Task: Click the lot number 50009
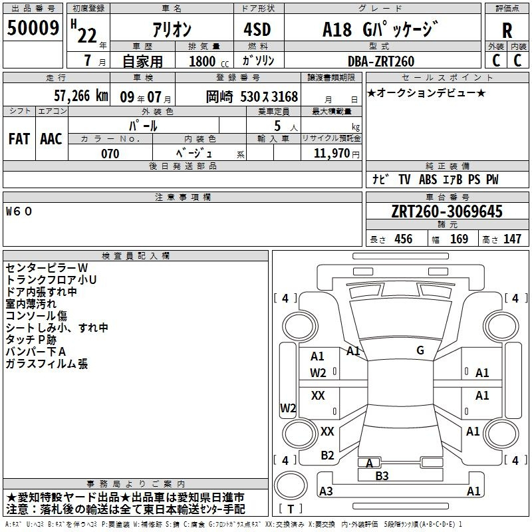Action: [33, 28]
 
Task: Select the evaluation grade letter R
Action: [507, 31]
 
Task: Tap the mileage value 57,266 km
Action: [80, 96]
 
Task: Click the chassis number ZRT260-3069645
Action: [447, 211]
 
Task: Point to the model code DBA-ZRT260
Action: [381, 61]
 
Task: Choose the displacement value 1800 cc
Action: [209, 61]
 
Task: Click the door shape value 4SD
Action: [257, 29]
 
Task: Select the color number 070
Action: [110, 154]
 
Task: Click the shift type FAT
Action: [19, 139]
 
